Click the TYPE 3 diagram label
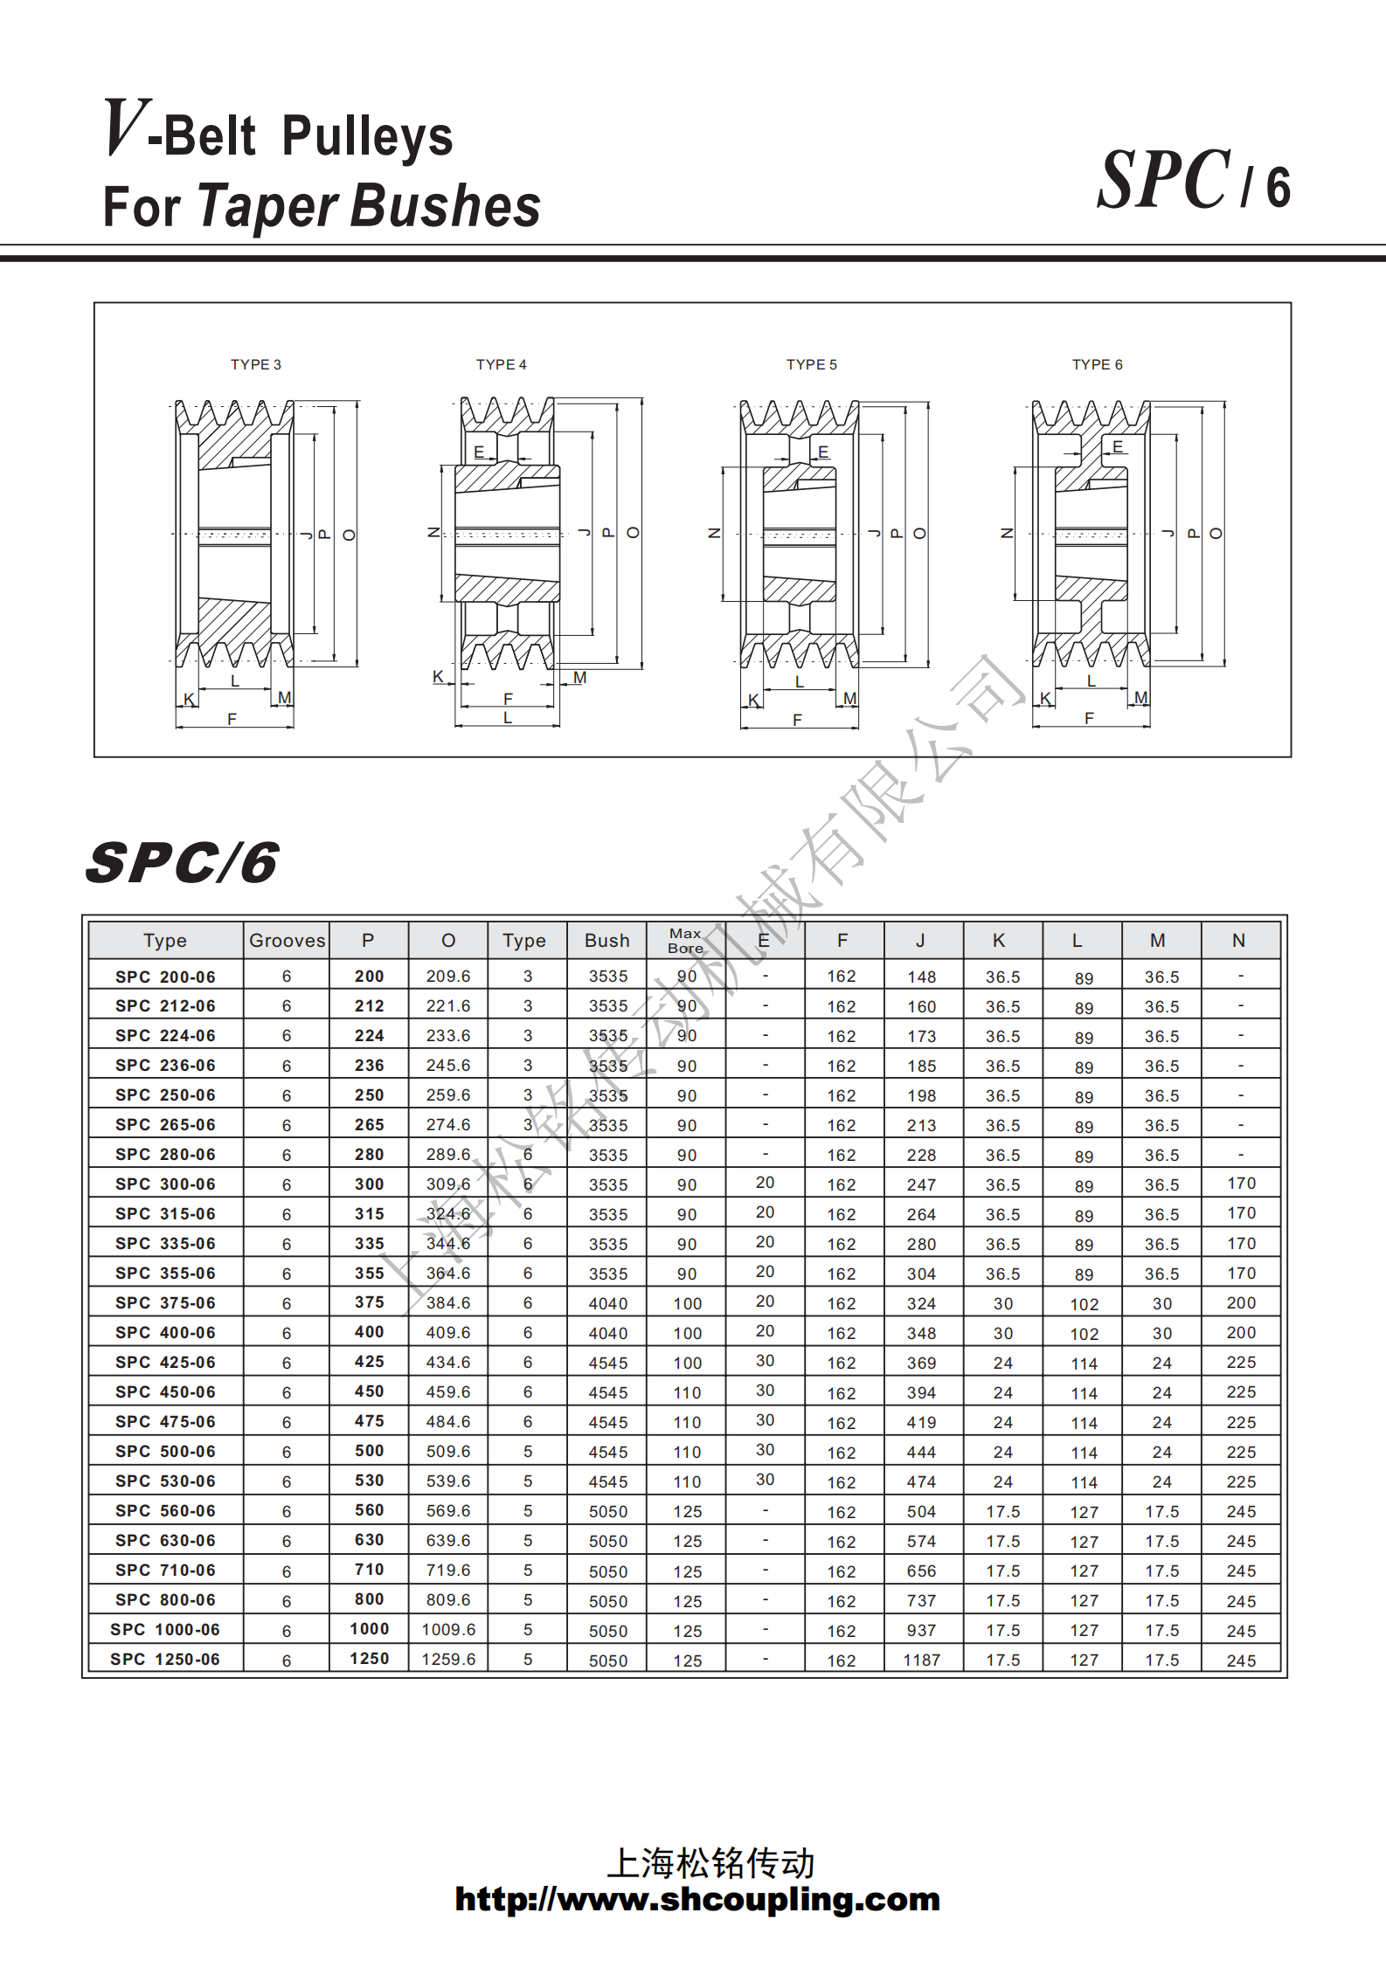255,364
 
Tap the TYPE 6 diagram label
1097,364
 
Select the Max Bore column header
685,941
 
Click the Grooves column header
287,941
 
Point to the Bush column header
606,941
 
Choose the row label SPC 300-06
165,1184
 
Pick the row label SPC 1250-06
165,1660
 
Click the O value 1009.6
448,1630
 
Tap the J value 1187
921,1660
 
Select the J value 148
921,977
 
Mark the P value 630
369,1540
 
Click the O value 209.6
448,977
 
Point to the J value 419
921,1422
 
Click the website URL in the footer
696,1899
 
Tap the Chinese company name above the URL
710,1863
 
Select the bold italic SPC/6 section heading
183,863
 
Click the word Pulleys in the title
367,137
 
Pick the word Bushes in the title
446,206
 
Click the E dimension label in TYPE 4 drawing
479,452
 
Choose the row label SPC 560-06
165,1511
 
